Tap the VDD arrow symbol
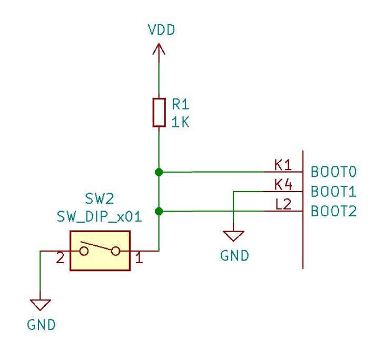[x=158, y=50]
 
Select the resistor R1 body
[x=159, y=112]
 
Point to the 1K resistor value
[x=180, y=122]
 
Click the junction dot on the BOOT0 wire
[x=159, y=172]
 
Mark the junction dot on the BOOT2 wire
[x=159, y=212]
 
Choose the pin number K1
[x=283, y=165]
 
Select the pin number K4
[x=283, y=185]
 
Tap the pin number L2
[x=283, y=205]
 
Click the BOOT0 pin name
[x=334, y=172]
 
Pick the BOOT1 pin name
[x=334, y=191]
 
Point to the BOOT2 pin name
[x=334, y=212]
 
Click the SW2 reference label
[x=99, y=198]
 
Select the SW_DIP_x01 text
[x=99, y=217]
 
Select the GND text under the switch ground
[x=41, y=325]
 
